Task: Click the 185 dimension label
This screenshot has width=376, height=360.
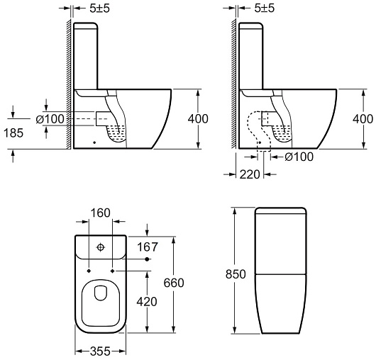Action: (x=13, y=133)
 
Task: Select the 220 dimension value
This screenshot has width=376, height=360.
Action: (x=250, y=174)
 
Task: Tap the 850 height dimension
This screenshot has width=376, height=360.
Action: (x=236, y=274)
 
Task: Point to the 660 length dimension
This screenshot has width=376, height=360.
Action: (x=174, y=283)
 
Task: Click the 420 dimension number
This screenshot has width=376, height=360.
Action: (x=147, y=302)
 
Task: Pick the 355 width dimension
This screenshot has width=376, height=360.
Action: (x=100, y=351)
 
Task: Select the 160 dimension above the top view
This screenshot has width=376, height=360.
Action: (x=101, y=213)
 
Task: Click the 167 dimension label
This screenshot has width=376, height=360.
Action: (x=148, y=247)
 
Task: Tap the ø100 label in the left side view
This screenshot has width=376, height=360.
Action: (x=50, y=119)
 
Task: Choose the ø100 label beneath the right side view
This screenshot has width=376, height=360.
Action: (x=299, y=157)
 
